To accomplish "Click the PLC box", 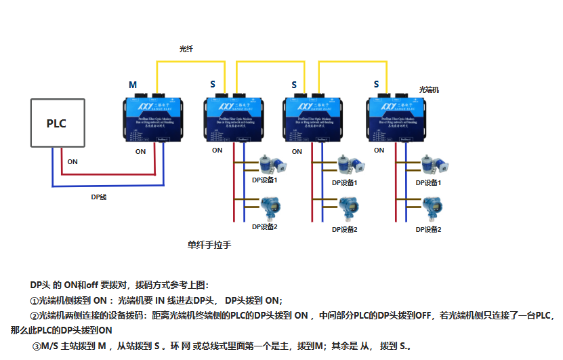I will (x=57, y=123).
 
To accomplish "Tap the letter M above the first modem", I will (x=133, y=85).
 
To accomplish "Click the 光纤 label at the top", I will (x=186, y=49).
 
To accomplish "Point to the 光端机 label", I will (x=429, y=89).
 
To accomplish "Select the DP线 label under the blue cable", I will (x=99, y=197).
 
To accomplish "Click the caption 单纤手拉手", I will (x=209, y=245).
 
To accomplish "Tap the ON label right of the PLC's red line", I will (x=72, y=162).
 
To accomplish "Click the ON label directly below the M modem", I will (x=140, y=152).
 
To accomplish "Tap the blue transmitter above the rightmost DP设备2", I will (x=430, y=207).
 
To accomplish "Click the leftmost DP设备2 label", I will (x=265, y=226).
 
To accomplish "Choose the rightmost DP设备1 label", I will (x=428, y=182).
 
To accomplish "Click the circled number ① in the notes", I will (x=35, y=300).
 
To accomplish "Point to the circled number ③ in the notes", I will (x=37, y=346).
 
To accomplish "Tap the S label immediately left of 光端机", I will (x=376, y=84).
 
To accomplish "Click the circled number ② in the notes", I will (x=35, y=316).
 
